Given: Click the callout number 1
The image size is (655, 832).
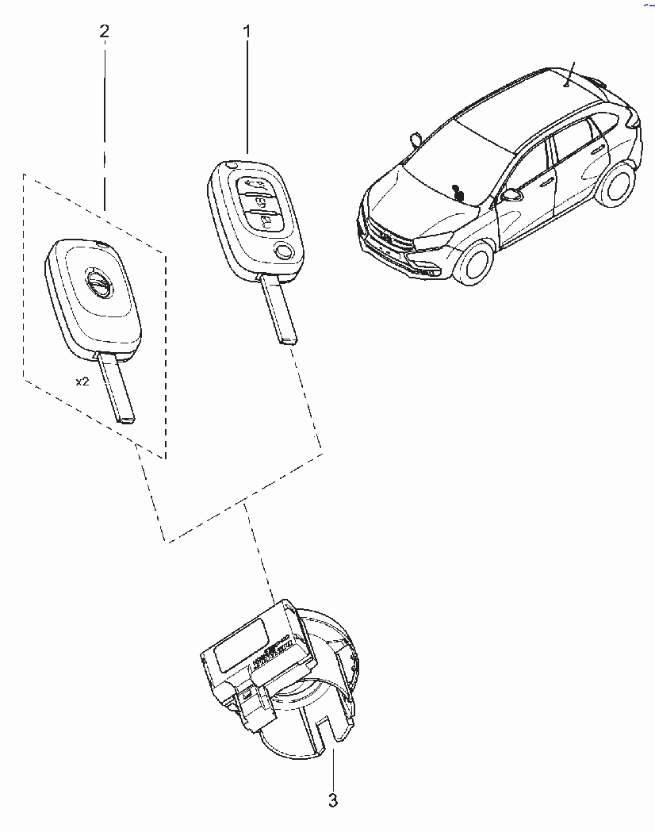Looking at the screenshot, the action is [x=247, y=32].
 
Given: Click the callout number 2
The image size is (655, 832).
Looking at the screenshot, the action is [x=105, y=31].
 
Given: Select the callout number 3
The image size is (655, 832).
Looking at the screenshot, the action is [x=333, y=800].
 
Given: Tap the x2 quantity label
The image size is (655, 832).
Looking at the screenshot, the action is [x=82, y=381].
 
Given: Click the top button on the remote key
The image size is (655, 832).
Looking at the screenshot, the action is [x=255, y=186].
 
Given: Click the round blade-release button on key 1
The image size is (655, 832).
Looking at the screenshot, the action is [x=285, y=250].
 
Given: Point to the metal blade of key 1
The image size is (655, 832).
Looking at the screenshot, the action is [x=278, y=309].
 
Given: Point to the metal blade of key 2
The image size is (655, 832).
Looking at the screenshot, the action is [x=117, y=388].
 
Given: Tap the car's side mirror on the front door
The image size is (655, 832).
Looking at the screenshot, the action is [x=511, y=195].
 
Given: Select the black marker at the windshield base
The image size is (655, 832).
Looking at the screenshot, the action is [x=458, y=193].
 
